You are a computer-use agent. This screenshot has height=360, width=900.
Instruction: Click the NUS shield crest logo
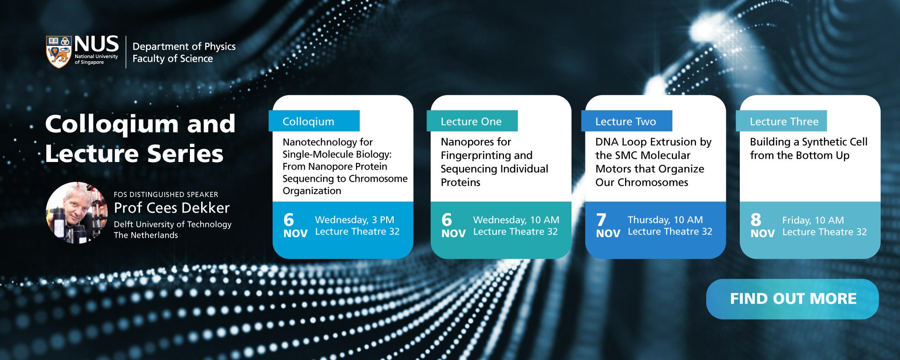(x=59, y=52)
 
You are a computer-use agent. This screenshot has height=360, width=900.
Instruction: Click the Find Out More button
(x=792, y=299)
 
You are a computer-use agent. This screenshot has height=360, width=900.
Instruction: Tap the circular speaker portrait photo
(x=77, y=212)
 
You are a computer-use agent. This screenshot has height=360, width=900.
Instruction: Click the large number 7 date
(x=601, y=220)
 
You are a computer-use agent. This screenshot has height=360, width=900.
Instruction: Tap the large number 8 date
(x=756, y=220)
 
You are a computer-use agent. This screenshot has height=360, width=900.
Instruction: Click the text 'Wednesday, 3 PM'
(x=355, y=220)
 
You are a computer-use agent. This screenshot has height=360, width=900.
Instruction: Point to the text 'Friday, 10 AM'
(x=813, y=220)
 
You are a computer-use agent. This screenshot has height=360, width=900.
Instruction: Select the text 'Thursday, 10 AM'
(x=665, y=220)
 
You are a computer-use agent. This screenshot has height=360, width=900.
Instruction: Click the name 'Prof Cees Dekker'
(x=172, y=208)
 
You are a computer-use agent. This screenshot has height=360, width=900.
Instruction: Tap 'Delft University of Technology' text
(x=173, y=225)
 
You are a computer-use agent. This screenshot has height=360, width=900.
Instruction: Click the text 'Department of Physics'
(x=184, y=46)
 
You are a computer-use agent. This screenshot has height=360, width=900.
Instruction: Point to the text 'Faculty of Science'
(x=173, y=58)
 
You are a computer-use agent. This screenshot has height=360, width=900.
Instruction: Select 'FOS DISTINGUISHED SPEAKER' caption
(x=166, y=194)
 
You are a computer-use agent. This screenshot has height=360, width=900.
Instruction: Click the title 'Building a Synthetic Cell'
(x=809, y=142)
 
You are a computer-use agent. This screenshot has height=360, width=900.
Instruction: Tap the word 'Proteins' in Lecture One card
(x=460, y=182)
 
